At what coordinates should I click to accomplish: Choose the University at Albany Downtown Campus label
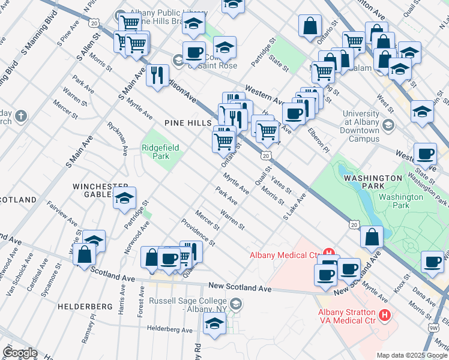tap(364, 126)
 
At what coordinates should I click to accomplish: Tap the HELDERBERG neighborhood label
tap(85, 306)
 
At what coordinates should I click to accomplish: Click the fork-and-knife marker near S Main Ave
tap(157, 76)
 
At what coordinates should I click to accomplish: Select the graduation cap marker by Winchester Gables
tap(124, 198)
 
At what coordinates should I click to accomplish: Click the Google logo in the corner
tap(19, 353)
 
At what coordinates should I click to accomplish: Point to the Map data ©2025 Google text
tap(411, 355)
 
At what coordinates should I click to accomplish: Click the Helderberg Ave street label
tap(170, 329)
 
